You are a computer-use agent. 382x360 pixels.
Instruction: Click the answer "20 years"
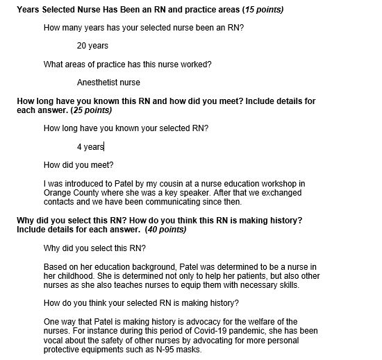92,46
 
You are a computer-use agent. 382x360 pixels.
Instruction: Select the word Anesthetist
99,83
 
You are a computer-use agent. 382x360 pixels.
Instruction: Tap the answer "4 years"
90,147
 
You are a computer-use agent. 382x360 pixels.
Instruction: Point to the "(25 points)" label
94,110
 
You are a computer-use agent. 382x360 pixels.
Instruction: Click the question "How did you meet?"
78,165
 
